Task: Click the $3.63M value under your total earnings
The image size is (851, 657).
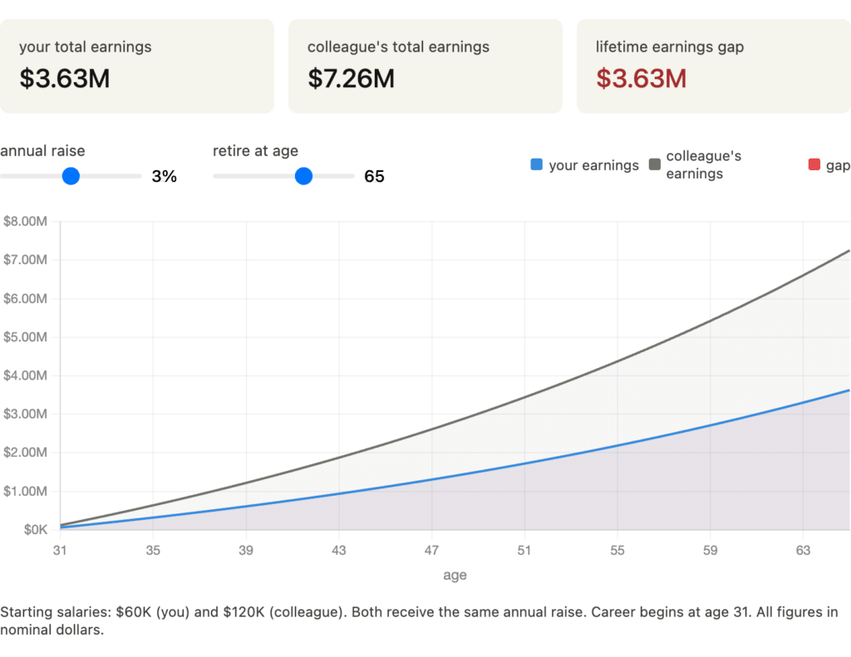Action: (65, 79)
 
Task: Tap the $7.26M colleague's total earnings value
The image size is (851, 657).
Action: (351, 79)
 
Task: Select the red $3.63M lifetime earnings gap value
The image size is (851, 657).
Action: (641, 79)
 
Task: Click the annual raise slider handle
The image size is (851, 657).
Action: (71, 176)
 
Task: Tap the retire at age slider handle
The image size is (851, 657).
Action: (303, 176)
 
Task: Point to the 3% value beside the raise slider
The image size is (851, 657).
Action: (164, 176)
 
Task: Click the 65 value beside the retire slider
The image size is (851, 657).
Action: (374, 176)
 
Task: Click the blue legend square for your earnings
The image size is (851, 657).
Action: (536, 164)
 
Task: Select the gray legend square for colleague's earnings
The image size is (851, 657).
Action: (655, 164)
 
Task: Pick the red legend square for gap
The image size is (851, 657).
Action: (814, 164)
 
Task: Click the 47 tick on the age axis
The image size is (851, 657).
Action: (431, 550)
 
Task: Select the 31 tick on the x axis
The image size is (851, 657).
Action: (60, 550)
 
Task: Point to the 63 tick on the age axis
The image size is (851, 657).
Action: (803, 550)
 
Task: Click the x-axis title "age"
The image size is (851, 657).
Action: (455, 575)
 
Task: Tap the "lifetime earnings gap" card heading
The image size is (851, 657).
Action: (669, 47)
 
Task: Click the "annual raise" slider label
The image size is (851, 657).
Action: (42, 151)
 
